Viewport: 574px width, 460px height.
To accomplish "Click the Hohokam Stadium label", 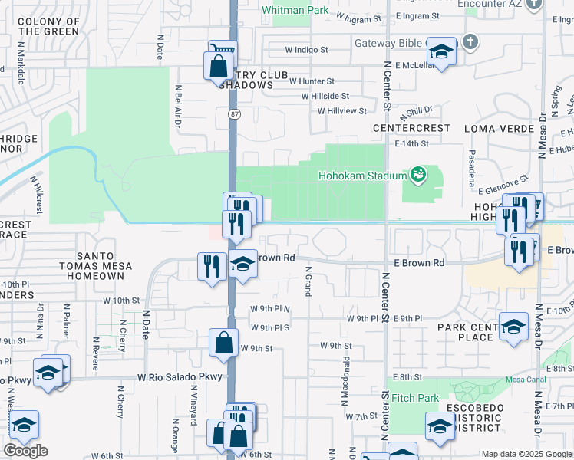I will (362, 176).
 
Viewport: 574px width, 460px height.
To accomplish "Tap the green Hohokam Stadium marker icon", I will (418, 176).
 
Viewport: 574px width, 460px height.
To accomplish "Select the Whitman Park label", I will (294, 11).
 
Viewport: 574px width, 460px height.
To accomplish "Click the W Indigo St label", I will (306, 50).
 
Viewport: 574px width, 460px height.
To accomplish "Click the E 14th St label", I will (411, 143).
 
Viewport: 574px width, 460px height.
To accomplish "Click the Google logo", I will (25, 451).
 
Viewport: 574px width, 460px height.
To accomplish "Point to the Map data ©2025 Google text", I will (526, 454).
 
